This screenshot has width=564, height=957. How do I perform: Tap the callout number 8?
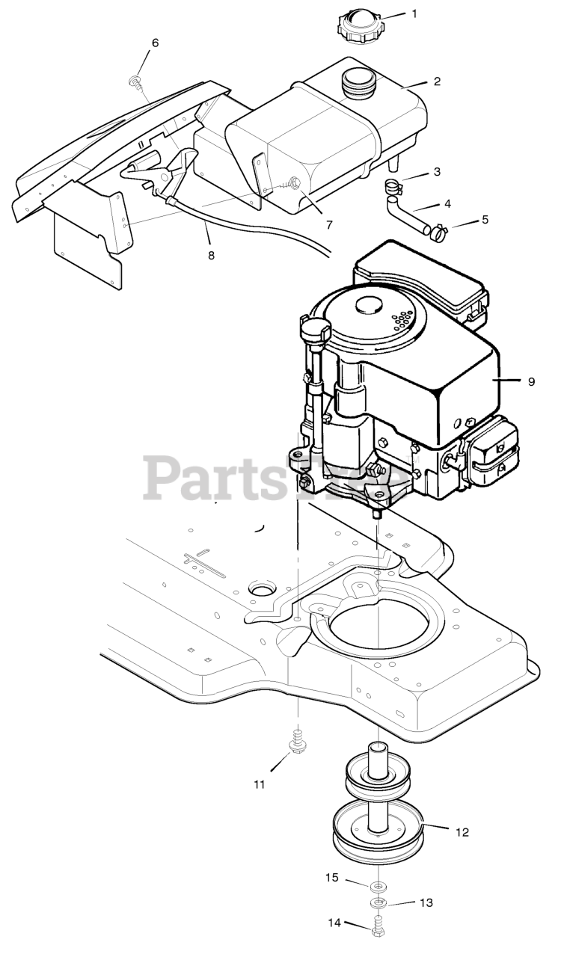(x=211, y=255)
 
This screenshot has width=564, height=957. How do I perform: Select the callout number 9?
(x=530, y=381)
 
